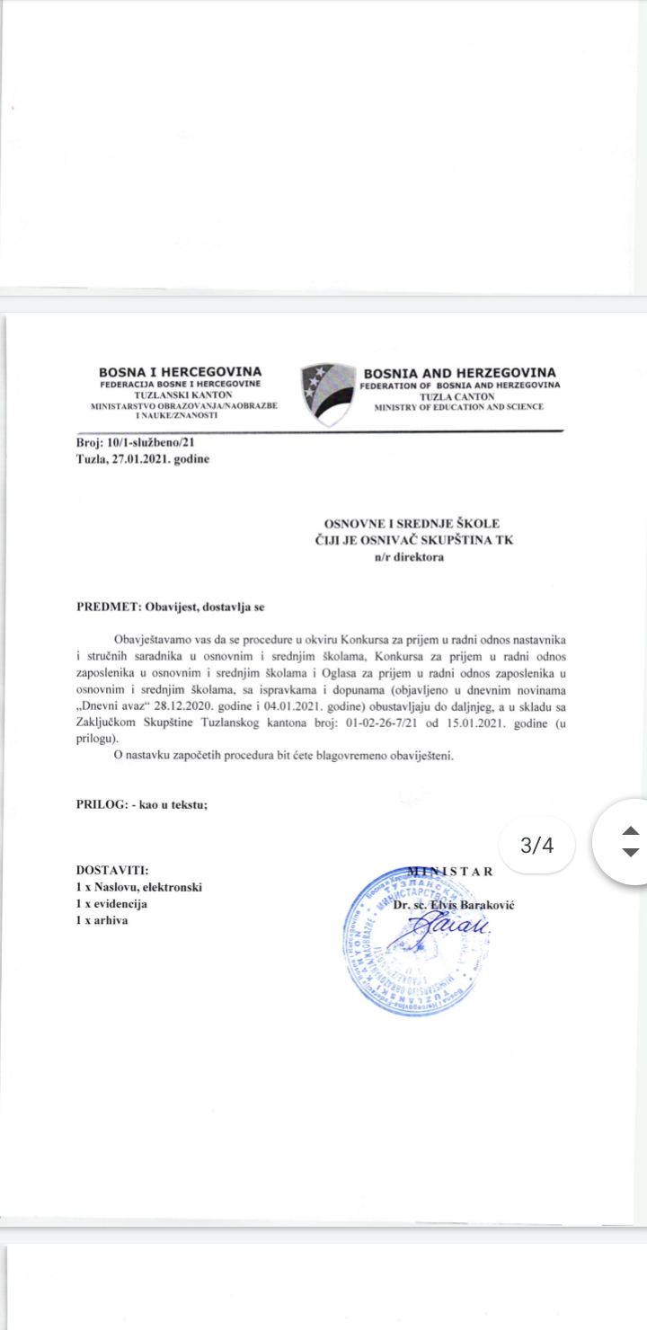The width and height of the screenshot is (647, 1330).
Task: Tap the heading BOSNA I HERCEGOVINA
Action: coord(181,371)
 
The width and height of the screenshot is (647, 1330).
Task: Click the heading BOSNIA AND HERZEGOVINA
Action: coord(459,372)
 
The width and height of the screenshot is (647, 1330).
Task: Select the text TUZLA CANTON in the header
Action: coord(459,395)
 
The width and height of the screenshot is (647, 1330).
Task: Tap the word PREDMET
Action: coord(106,607)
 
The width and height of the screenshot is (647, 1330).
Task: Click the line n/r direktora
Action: coord(409,556)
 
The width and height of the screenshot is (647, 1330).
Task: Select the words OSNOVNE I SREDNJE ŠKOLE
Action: coord(412,523)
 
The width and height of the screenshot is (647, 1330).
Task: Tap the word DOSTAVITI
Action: coord(111,870)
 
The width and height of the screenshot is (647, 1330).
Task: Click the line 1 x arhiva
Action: coord(102,920)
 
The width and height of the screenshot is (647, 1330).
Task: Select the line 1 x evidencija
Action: coord(111,903)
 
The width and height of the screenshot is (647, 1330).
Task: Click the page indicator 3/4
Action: coord(536,845)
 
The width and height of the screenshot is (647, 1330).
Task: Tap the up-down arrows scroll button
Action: coord(630,841)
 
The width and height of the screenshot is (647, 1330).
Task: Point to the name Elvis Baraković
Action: coord(468,904)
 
